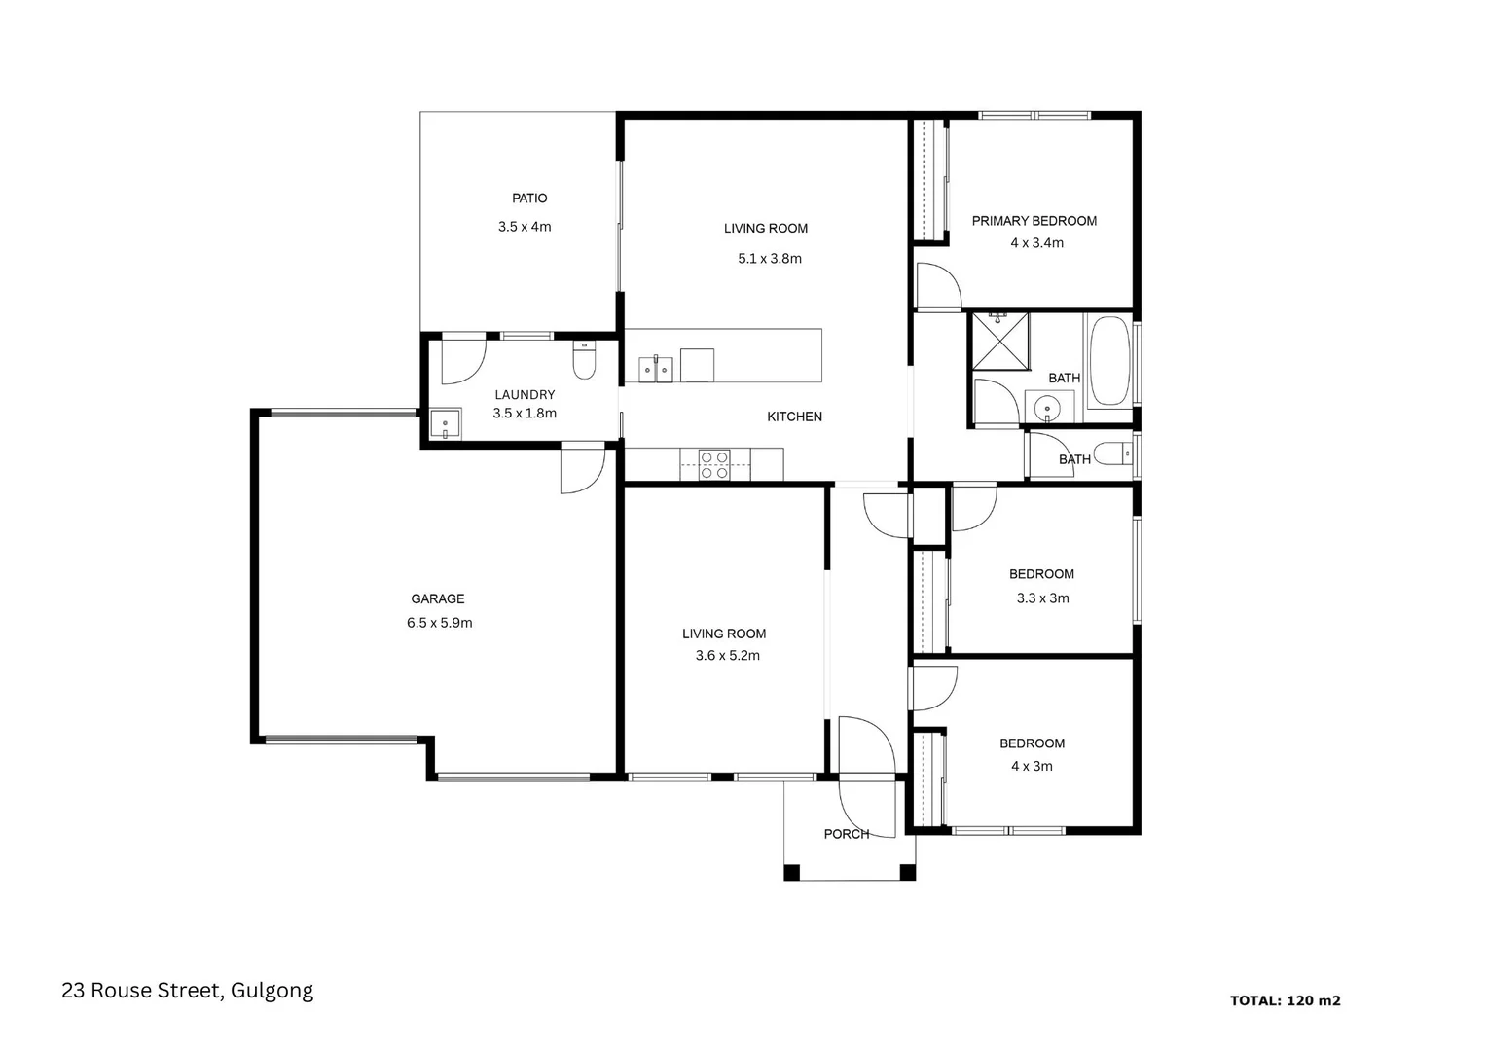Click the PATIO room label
(x=529, y=199)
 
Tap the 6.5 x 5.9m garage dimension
(x=439, y=623)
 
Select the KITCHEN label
(x=794, y=417)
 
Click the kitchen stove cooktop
(x=714, y=464)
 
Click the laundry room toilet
(x=584, y=362)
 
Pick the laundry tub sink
(x=445, y=424)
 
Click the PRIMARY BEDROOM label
(x=1034, y=221)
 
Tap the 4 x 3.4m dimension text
(x=1036, y=243)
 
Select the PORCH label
(x=846, y=834)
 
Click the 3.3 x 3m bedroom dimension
(x=1042, y=598)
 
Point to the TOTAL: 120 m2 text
(x=1285, y=1000)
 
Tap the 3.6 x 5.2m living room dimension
(x=727, y=656)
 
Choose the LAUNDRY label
(x=525, y=395)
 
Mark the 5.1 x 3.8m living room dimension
(x=769, y=259)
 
